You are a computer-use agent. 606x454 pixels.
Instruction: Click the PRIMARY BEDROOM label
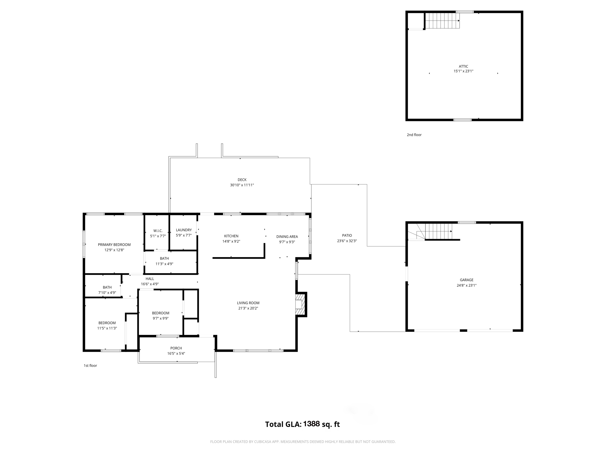tap(114, 245)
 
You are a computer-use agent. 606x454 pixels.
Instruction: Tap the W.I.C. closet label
tap(158, 231)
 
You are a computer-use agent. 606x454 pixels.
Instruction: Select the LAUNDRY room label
tap(184, 230)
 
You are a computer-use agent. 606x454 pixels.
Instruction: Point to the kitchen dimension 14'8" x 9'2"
tap(231, 241)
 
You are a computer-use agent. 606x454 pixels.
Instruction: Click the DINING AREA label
tap(287, 237)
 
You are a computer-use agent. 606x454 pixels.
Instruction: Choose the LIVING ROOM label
tap(248, 303)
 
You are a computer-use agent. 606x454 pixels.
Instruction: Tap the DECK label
tap(242, 180)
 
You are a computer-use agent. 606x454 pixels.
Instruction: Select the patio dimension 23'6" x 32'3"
tap(347, 241)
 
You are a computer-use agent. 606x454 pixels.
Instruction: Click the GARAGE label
tap(467, 280)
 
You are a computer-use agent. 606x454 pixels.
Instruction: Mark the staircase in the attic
tap(442, 20)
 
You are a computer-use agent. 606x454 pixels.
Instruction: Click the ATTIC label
tap(463, 67)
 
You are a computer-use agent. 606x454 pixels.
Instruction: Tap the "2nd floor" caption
tap(414, 135)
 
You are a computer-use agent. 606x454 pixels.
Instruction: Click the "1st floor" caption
tap(90, 366)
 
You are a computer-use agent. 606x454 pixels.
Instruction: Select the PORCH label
tap(176, 348)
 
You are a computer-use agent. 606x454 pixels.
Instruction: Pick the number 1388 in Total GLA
tap(311, 424)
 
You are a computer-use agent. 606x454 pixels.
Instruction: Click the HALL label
tap(150, 279)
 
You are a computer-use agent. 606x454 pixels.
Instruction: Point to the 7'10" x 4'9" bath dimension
tap(107, 293)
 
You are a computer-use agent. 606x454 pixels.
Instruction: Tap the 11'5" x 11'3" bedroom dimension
tap(107, 328)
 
